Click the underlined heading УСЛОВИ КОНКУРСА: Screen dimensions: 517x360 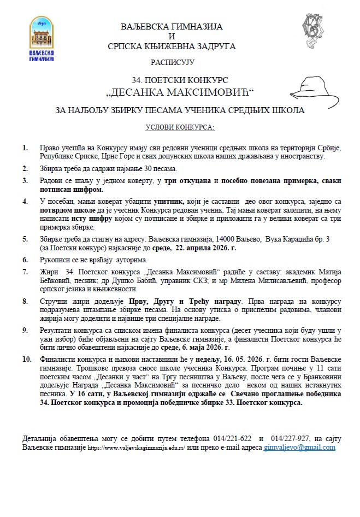click(180, 127)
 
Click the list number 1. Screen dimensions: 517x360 click(25, 148)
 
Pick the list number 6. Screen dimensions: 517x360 click(25, 259)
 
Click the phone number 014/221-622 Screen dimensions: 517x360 click(232, 439)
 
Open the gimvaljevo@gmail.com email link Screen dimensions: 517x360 click(299, 447)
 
